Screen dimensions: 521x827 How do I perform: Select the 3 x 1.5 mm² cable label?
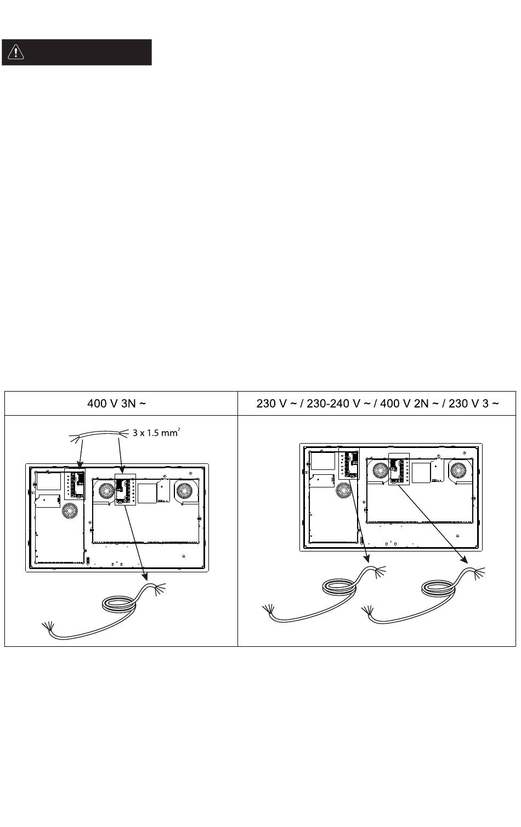click(x=156, y=432)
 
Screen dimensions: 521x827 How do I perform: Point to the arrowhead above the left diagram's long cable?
click(x=146, y=575)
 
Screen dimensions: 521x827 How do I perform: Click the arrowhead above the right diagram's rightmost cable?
click(x=466, y=559)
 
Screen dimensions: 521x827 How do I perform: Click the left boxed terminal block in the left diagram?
click(x=75, y=483)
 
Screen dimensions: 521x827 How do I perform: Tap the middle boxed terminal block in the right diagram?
click(x=399, y=468)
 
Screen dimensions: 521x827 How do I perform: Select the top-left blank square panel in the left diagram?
click(x=49, y=480)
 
